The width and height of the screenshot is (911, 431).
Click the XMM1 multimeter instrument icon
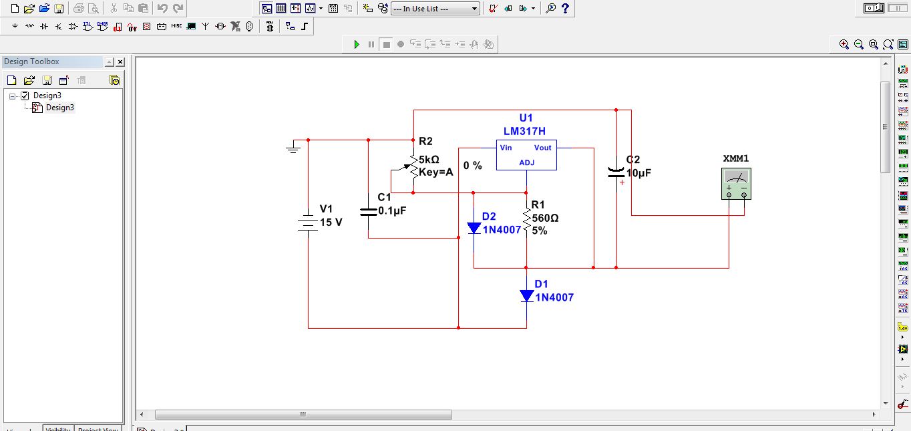tap(736, 184)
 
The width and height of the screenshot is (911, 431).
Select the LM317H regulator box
tap(526, 155)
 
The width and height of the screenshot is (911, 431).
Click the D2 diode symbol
tap(474, 228)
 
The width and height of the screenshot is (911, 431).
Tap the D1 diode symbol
tap(526, 295)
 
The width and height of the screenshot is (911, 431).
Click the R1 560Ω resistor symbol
tap(526, 220)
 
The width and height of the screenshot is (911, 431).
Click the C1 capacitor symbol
tap(368, 211)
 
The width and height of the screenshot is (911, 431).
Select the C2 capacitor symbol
tap(616, 172)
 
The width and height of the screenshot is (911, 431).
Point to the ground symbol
tap(293, 148)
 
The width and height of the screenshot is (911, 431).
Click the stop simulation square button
tap(386, 45)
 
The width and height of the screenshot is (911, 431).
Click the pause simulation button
tap(371, 45)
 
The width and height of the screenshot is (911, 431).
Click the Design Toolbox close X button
tap(120, 62)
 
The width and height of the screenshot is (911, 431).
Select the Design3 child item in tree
tap(59, 108)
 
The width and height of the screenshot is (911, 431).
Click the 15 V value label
tap(331, 222)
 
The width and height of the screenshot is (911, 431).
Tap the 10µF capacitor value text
tap(639, 173)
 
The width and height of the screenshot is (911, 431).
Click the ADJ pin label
tap(526, 162)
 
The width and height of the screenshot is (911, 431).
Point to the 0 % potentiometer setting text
tap(472, 165)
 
